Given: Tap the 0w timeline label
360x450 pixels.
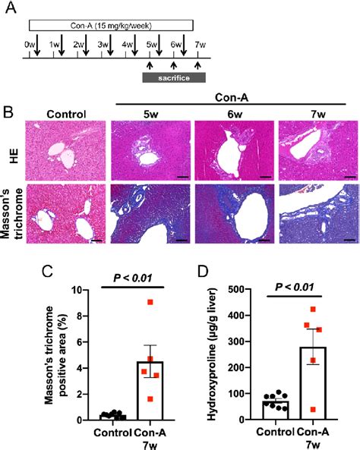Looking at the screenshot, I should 30,44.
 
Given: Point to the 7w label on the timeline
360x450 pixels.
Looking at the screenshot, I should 199,44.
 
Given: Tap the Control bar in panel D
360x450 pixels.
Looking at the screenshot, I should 274,411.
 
